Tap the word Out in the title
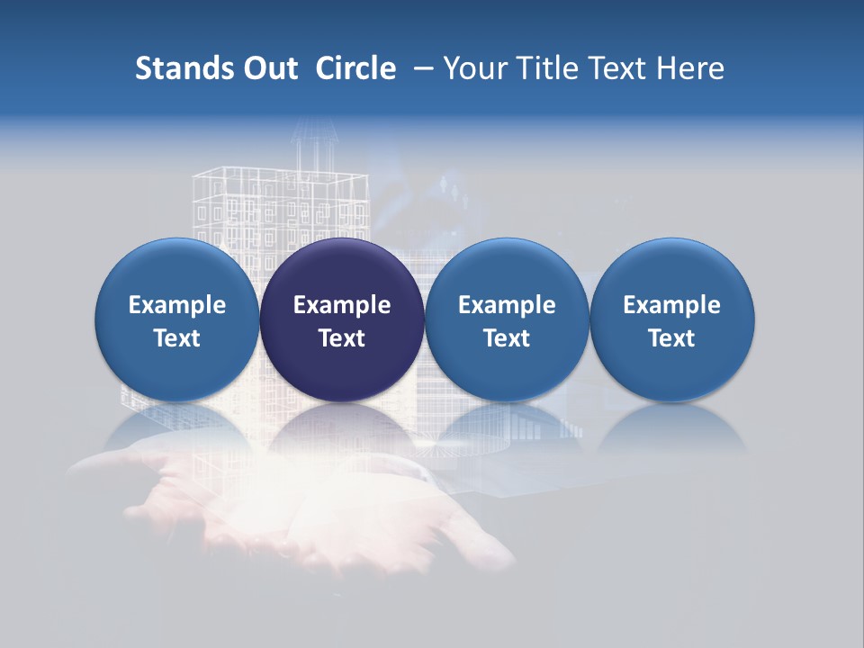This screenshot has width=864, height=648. [x=268, y=68]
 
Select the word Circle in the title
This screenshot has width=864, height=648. [x=355, y=68]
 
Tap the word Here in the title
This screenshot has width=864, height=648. [x=692, y=68]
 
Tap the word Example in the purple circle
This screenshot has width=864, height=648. [x=342, y=305]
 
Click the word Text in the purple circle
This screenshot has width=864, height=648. [x=342, y=338]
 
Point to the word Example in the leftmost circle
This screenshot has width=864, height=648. [x=177, y=305]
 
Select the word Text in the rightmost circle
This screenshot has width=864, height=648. [x=672, y=338]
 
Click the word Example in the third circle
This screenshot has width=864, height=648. [x=507, y=305]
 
